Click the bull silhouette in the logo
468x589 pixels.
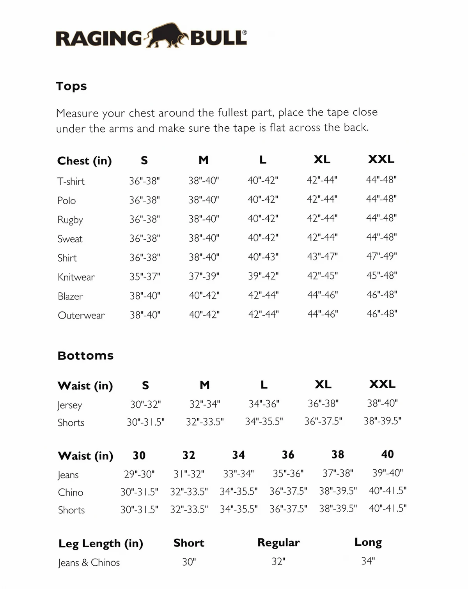pos(166,36)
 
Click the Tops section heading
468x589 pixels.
pos(71,86)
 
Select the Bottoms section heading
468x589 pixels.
pos(85,356)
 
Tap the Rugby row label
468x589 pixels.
pos(70,220)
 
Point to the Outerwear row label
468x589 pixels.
pos(81,315)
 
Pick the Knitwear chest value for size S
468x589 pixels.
pos(145,277)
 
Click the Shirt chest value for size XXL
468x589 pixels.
pos(381,256)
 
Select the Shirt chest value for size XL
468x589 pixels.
pos(322,257)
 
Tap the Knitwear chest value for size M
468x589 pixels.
pos(204,277)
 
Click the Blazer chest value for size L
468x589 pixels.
pos(263,295)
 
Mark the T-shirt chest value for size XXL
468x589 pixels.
pos(381,180)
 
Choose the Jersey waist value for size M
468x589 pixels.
pos(205,404)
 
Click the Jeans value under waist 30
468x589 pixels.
pos(139,474)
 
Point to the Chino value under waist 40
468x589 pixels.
pos(388,491)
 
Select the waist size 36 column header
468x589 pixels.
pos(288,455)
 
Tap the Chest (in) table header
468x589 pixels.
pos(84,161)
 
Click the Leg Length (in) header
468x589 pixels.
pos(101,543)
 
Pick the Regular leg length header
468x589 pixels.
pos(278,543)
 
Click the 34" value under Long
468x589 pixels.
pos(368,561)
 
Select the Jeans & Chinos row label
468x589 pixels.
pos(89,562)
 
